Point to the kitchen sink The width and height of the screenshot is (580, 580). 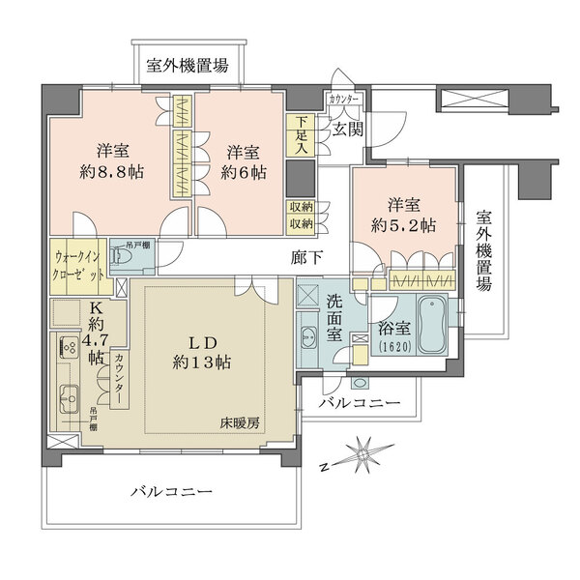[x=70, y=396]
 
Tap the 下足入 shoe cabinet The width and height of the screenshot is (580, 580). [x=302, y=134]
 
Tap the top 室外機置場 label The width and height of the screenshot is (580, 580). [x=188, y=66]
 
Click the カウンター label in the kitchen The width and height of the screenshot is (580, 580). [x=119, y=380]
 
